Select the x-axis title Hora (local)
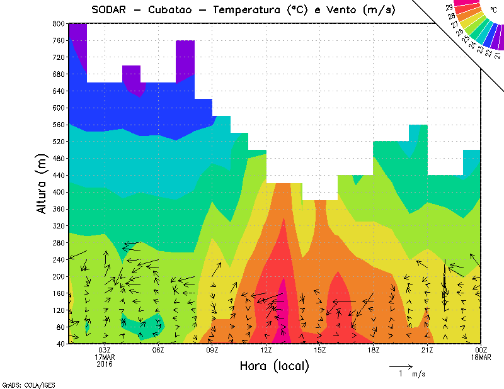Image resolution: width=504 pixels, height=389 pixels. (275, 366)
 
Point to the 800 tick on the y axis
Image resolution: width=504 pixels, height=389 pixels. (58, 23)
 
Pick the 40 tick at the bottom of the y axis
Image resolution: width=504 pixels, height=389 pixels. (60, 344)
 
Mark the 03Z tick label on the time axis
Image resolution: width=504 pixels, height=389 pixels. (105, 350)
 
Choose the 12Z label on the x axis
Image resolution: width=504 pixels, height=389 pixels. (266, 350)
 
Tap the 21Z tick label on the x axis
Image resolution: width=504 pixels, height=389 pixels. (427, 350)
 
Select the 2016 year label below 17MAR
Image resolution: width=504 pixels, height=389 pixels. (105, 364)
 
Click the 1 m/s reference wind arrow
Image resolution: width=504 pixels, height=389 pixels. (400, 366)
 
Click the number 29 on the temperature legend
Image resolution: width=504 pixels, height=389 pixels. (449, 7)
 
